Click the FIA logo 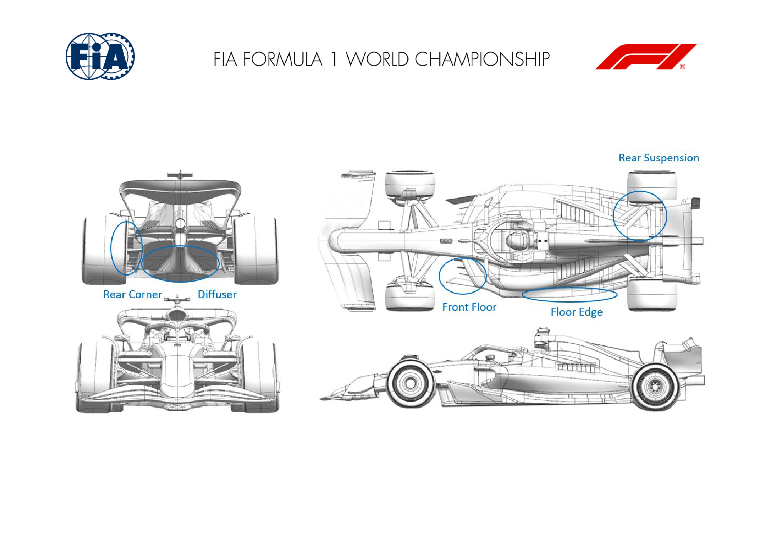coord(100,56)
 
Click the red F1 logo coord(646,57)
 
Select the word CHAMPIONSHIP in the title coord(482,59)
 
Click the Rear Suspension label coord(659,158)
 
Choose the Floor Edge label coord(577,312)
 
